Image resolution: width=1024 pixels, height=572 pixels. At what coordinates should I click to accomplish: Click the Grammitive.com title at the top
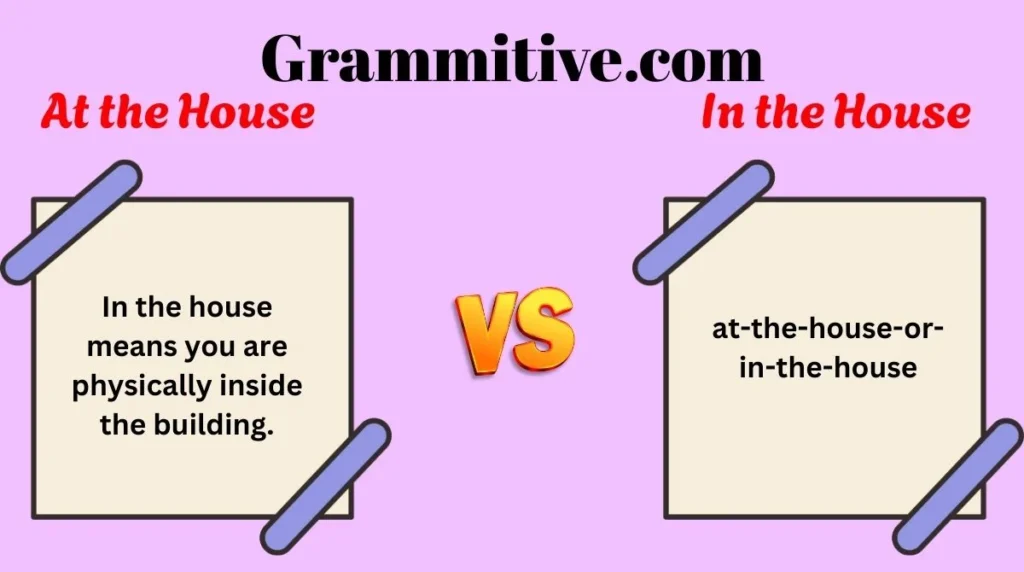pyautogui.click(x=512, y=58)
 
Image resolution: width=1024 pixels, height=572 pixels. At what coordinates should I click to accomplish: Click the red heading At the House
pyautogui.click(x=178, y=111)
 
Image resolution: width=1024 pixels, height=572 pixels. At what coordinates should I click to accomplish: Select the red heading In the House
pyautogui.click(x=835, y=111)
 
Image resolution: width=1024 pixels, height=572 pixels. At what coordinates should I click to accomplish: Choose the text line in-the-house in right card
pyautogui.click(x=827, y=367)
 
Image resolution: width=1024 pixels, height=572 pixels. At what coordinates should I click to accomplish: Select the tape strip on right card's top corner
pyautogui.click(x=703, y=221)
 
